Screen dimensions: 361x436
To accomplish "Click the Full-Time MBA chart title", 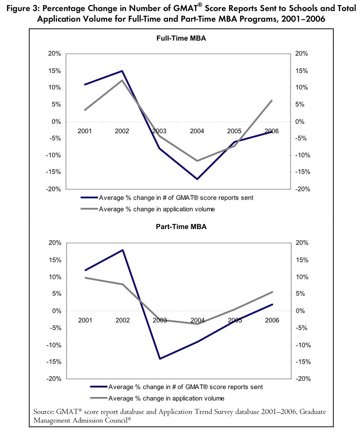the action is click(x=181, y=38).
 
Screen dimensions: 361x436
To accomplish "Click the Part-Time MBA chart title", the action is click(x=181, y=227).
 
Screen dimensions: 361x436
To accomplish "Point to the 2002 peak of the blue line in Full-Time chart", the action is click(x=122, y=71).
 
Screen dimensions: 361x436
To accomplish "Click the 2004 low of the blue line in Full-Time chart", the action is click(x=197, y=179).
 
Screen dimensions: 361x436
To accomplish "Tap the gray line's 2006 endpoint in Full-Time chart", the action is click(x=272, y=101).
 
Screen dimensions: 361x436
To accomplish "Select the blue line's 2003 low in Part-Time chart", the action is click(x=160, y=359).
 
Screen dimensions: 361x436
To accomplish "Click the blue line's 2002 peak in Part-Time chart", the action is click(x=123, y=250).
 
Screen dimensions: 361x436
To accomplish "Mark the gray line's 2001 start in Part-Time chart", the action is click(x=85, y=278).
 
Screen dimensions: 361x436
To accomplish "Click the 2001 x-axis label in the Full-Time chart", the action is click(x=84, y=131).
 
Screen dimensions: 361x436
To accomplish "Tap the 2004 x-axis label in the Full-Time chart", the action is click(x=197, y=131).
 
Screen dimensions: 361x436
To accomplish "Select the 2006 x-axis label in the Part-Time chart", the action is click(x=272, y=320).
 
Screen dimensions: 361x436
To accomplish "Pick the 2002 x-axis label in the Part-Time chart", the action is click(x=123, y=320).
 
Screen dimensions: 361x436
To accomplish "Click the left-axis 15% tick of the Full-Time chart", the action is click(x=54, y=71).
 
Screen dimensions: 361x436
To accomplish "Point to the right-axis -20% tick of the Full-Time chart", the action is click(x=303, y=189).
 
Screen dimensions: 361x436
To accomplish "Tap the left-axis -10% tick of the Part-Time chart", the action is click(x=54, y=345).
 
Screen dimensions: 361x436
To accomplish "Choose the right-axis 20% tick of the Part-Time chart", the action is click(x=302, y=243).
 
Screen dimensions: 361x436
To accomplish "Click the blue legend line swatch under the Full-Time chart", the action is click(x=89, y=198).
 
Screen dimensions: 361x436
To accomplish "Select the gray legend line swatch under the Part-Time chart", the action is click(x=99, y=398).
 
